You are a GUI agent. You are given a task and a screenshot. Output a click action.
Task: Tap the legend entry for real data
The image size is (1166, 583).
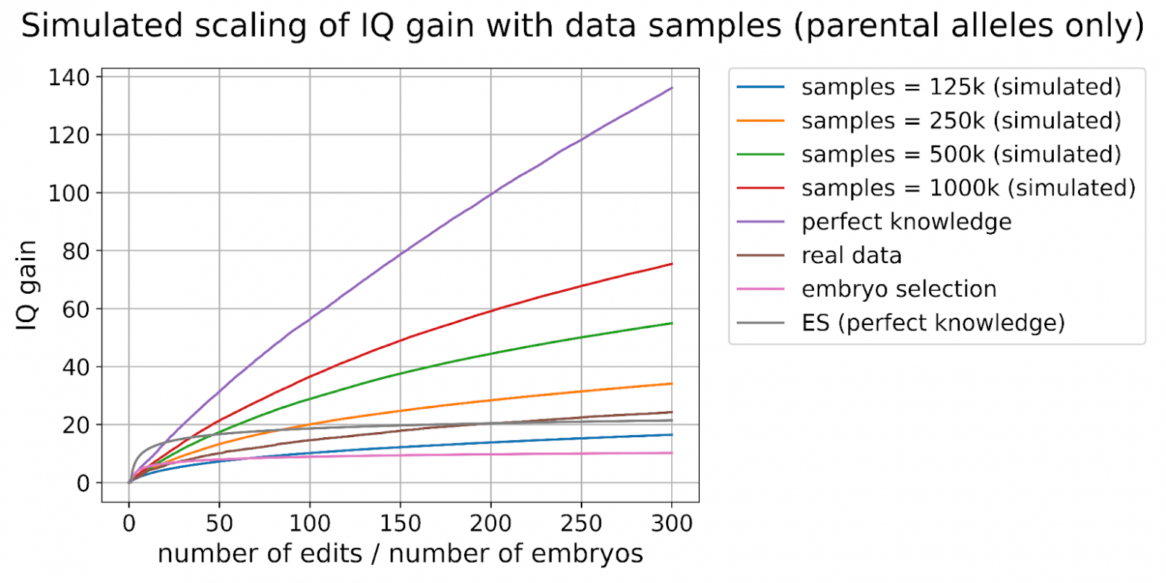(x=851, y=256)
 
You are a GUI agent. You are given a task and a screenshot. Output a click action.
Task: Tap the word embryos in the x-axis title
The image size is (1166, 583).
(x=590, y=555)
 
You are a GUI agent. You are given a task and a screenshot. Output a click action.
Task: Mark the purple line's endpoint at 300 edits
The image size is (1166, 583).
(x=672, y=88)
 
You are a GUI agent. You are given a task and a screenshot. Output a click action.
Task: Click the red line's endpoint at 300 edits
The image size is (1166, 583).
(x=672, y=264)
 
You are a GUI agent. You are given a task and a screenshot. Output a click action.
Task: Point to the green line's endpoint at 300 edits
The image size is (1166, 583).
(x=672, y=323)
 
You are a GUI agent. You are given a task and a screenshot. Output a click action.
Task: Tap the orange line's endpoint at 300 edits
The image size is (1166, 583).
(x=672, y=383)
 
